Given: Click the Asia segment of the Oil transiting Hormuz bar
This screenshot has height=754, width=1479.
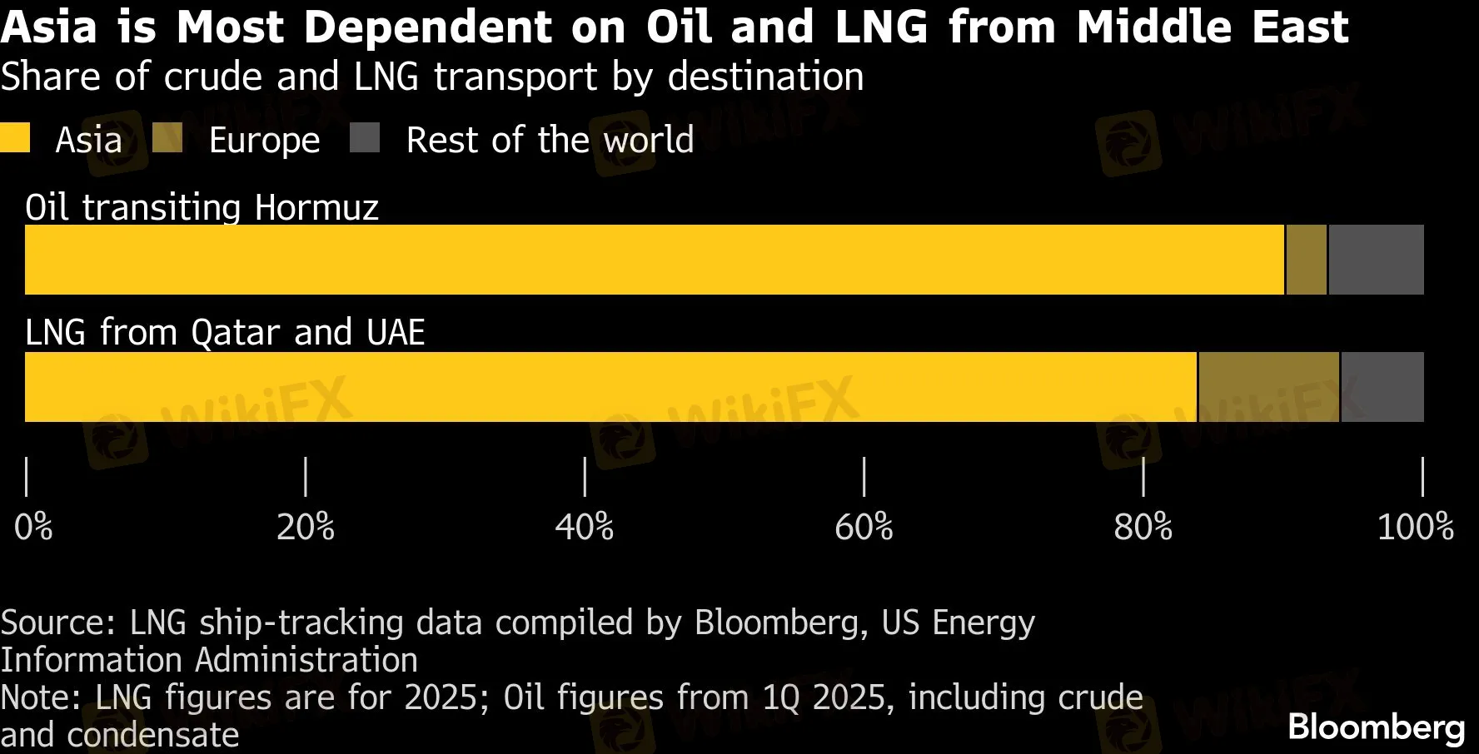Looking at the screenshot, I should tap(654, 260).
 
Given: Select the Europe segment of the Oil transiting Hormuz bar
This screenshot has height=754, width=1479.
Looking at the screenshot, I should tap(1306, 260).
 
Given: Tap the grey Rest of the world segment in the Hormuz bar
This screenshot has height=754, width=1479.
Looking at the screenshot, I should tap(1376, 260).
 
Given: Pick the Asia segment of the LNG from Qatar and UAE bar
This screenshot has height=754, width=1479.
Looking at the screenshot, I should tap(610, 387).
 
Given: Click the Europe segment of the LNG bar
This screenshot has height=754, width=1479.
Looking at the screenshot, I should tap(1268, 387).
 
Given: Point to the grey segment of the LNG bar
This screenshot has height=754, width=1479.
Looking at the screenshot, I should tap(1382, 387).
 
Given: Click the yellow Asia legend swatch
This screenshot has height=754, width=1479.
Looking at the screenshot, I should tap(15, 138).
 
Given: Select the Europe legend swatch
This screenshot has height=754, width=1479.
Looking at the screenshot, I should tap(167, 138).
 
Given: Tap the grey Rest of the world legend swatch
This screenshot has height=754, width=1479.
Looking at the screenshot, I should tap(365, 138).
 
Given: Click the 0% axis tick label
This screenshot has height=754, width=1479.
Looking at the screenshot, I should tap(33, 527).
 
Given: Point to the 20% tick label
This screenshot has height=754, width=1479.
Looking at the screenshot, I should tap(306, 527).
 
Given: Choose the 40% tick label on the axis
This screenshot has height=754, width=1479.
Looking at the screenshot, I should tap(585, 527).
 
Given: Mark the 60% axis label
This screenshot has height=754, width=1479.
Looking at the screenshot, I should tap(864, 527).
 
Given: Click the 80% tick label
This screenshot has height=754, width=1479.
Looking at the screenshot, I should tap(1143, 527).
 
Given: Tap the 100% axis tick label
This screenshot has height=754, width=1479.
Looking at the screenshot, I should tap(1415, 527).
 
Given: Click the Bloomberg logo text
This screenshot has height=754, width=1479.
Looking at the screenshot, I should tap(1376, 727).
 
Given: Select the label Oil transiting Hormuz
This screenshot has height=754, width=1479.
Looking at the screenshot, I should tap(202, 206).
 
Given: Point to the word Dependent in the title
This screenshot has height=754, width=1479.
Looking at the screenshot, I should tap(426, 27).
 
